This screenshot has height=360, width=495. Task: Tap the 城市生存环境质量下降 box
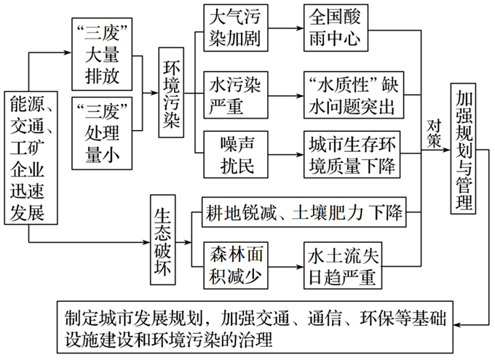(351, 153)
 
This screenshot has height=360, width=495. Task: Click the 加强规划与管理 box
(464, 148)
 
